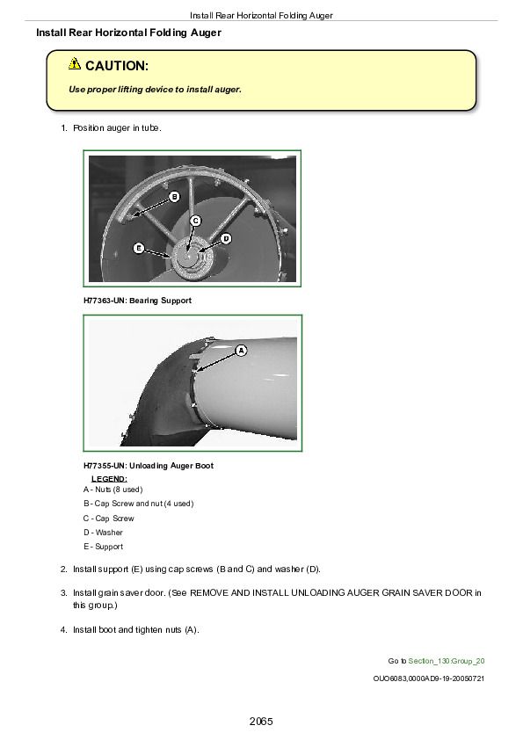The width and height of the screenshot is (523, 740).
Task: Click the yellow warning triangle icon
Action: click(x=75, y=63)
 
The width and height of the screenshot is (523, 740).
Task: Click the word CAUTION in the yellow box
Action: click(x=117, y=66)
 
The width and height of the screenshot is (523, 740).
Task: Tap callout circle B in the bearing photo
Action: click(x=174, y=197)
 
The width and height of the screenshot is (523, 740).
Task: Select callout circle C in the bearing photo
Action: click(x=195, y=221)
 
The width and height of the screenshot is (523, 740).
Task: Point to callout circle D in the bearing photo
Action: click(x=226, y=239)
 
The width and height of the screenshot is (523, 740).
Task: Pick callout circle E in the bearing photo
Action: click(x=138, y=248)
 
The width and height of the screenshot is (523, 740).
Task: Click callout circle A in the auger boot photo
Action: click(x=241, y=351)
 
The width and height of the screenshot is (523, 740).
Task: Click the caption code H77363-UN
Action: click(x=105, y=301)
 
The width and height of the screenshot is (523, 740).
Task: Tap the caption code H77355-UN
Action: click(x=105, y=466)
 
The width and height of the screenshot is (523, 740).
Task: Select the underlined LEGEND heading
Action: click(x=109, y=479)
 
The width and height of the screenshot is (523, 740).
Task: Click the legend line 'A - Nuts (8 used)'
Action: click(x=113, y=490)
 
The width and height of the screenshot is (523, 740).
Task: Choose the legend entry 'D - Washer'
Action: click(x=103, y=533)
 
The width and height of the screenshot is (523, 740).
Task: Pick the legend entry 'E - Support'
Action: click(x=104, y=547)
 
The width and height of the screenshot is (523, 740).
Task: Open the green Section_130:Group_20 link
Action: click(x=446, y=661)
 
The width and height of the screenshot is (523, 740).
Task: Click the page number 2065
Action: click(x=261, y=722)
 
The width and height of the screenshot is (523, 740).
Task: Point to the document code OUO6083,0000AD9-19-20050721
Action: click(x=429, y=678)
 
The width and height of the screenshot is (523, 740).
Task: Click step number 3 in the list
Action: click(x=63, y=592)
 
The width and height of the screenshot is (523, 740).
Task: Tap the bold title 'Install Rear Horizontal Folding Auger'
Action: click(x=129, y=33)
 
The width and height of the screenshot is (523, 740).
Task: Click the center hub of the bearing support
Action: click(x=188, y=258)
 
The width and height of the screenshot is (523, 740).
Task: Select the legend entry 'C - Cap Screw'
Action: click(x=109, y=519)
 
